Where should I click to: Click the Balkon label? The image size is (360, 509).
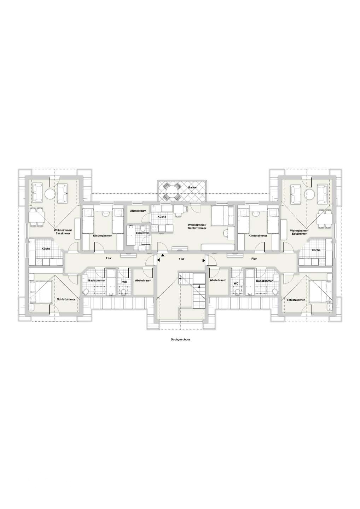192,188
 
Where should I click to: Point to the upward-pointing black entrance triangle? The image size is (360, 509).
163,256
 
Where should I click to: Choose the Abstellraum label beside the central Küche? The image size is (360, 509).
138,211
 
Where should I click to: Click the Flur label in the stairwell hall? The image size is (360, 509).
181,259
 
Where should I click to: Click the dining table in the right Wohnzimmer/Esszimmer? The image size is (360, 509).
326,218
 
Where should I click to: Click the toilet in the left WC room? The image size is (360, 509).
124,291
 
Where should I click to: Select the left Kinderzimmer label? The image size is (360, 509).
103,236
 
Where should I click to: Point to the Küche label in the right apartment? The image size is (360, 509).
316,250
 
